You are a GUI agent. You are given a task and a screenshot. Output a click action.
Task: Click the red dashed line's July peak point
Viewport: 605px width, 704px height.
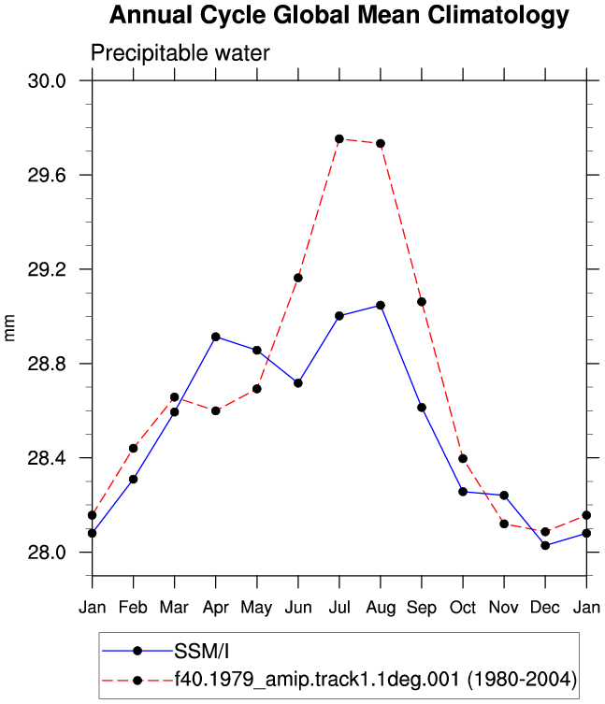point(339,139)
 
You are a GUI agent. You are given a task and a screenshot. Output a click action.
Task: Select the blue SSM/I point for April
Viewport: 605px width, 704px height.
point(216,337)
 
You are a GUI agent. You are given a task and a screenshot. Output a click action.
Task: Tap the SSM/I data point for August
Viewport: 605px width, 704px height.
point(381,306)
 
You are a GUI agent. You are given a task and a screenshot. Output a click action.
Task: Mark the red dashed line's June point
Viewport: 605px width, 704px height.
point(297,278)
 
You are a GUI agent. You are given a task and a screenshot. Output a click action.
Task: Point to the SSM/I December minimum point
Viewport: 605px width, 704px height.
point(545,545)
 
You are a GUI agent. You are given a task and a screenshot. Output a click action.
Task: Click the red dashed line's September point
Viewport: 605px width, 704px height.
point(422,302)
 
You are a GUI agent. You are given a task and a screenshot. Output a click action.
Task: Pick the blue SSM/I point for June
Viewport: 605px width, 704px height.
point(297,383)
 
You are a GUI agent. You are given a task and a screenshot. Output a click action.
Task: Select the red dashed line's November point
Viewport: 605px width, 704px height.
point(504,524)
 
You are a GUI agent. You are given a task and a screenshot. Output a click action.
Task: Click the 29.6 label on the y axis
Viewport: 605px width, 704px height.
point(47,175)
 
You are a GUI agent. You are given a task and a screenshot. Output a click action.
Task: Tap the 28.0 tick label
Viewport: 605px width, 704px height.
point(47,553)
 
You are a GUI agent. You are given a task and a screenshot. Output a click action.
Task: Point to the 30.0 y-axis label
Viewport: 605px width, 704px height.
point(47,81)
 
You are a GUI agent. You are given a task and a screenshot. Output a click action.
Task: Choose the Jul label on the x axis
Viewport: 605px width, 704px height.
point(339,608)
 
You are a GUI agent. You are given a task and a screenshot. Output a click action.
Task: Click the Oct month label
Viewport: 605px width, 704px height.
point(463,608)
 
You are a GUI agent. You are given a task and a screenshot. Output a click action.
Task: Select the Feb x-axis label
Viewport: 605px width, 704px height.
point(133,608)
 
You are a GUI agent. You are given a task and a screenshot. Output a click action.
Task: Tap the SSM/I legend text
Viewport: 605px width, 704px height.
point(202,652)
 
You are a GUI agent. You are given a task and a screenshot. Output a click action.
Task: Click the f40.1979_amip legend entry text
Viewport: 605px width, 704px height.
point(376,680)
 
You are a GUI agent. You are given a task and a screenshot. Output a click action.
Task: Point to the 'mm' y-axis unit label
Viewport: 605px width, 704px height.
point(9,328)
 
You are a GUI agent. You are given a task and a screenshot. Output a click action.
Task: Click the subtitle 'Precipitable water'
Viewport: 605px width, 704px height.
point(180,53)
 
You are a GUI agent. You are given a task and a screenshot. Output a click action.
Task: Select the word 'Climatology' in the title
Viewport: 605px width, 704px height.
point(498,15)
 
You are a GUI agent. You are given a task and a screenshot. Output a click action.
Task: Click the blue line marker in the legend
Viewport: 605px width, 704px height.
point(137,651)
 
